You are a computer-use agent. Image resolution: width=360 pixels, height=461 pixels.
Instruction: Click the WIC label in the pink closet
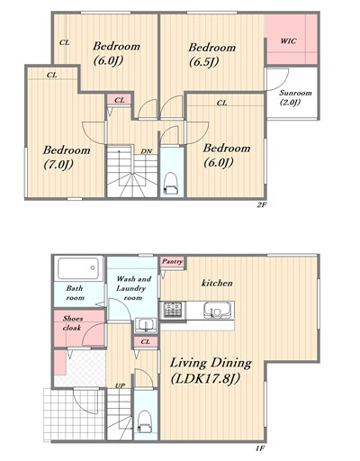tap(288, 41)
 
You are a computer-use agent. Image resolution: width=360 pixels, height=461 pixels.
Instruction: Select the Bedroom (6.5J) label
tap(212, 55)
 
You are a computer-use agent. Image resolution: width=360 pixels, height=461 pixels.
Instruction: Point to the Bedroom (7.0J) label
tap(67, 158)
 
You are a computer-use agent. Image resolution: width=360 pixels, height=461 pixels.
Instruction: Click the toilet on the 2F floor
tap(171, 183)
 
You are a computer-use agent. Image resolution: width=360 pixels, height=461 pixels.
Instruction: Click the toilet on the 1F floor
tap(145, 421)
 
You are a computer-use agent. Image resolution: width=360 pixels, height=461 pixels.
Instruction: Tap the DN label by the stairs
tap(147, 151)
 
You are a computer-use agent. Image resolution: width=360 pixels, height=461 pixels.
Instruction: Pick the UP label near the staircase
tap(120, 385)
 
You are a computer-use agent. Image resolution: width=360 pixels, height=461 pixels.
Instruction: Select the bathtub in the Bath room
tap(78, 268)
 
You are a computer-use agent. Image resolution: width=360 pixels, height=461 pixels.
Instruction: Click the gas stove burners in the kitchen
tap(173, 310)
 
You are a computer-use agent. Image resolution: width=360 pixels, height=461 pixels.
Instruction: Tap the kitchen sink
tap(217, 310)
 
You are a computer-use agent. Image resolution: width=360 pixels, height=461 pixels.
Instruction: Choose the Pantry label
tap(172, 262)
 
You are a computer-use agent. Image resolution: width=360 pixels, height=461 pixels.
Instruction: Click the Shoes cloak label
tap(72, 323)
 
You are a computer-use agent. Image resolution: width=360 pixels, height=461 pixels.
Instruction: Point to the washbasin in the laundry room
tap(146, 325)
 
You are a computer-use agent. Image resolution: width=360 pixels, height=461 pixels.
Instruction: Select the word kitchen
tap(217, 283)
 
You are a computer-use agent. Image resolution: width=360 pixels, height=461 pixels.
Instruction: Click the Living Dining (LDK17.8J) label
tap(211, 371)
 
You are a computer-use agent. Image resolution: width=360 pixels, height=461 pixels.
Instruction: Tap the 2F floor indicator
tap(262, 205)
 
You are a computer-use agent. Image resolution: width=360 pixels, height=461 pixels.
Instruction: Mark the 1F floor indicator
tap(260, 448)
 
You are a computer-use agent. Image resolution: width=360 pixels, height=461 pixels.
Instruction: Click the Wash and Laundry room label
tap(133, 288)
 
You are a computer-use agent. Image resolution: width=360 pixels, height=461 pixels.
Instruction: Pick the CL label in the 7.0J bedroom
tap(51, 75)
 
